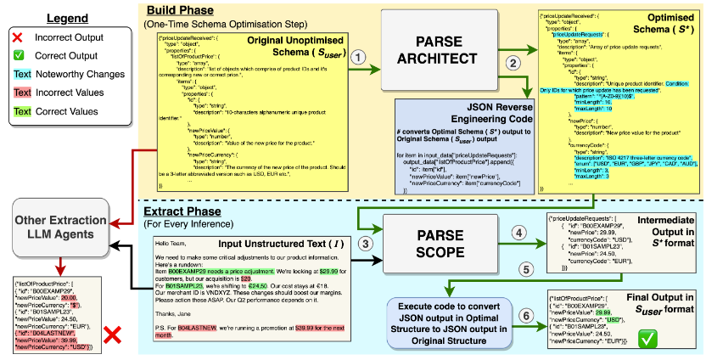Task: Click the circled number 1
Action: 361,58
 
